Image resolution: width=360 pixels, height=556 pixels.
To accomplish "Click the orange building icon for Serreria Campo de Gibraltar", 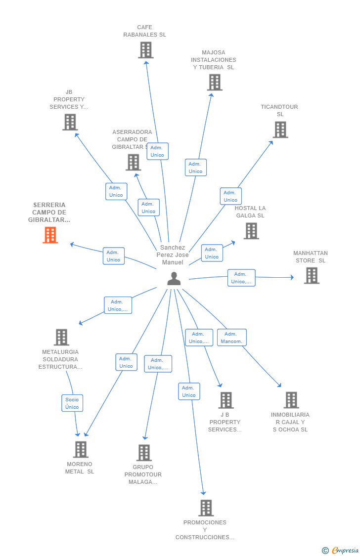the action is [x=50, y=235].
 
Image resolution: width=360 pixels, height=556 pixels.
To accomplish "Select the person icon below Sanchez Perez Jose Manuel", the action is [x=174, y=279].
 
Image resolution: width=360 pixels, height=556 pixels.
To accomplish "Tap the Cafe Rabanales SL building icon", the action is [x=145, y=50].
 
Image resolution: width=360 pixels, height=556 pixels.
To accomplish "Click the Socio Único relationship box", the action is [x=72, y=403].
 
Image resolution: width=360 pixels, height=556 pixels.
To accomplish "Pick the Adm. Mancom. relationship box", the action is [x=231, y=338].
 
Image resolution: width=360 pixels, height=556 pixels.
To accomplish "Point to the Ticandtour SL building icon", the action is [x=280, y=130].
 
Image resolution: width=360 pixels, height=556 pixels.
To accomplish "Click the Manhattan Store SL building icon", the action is [x=312, y=275].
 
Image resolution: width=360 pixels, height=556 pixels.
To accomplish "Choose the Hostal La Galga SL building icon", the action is [x=252, y=231].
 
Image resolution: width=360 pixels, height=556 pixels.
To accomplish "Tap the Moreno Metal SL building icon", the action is [x=81, y=449].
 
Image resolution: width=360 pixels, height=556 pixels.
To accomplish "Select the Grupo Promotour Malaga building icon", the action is [x=144, y=452].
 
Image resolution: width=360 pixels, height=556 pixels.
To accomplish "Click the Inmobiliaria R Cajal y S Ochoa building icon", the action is [x=292, y=400].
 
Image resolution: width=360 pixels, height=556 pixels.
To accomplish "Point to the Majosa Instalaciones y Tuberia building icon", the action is [x=215, y=82].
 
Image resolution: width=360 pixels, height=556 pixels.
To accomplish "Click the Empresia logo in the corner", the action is [x=340, y=551].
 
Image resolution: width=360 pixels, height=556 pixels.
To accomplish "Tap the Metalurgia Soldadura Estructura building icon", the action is [x=61, y=337].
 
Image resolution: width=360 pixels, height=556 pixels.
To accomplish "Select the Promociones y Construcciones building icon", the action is [x=206, y=508].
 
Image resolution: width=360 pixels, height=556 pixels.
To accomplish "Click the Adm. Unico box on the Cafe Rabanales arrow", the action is [x=157, y=151].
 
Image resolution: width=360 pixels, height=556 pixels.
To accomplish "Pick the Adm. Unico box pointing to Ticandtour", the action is [x=230, y=196].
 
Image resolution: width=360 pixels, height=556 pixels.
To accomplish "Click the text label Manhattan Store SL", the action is [x=311, y=257].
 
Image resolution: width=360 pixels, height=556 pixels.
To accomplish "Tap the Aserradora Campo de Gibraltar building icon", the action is [x=134, y=163].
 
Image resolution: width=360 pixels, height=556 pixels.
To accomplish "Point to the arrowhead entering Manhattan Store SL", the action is [x=292, y=277].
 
